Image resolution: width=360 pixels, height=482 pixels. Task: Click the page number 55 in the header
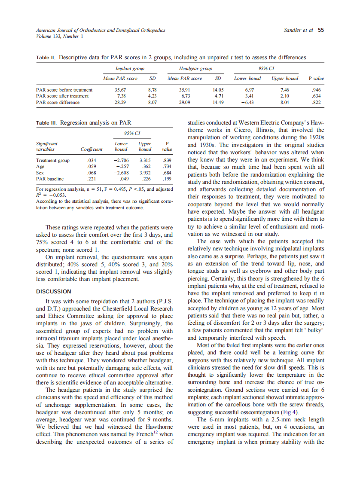[321, 31]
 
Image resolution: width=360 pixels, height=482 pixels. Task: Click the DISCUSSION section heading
[54, 291]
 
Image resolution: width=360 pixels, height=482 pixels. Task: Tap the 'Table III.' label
[47, 123]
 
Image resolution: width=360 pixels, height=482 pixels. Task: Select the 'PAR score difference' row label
[58, 103]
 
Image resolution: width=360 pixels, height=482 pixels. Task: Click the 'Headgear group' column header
[195, 69]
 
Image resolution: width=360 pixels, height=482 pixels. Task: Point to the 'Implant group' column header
[130, 69]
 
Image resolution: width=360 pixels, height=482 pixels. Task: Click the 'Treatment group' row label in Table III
[53, 161]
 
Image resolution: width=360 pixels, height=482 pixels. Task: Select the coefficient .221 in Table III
[92, 178]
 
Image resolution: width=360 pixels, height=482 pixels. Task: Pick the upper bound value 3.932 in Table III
[144, 172]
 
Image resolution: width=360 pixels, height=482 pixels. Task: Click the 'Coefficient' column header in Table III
[92, 149]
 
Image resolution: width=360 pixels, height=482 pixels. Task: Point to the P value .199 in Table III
[167, 178]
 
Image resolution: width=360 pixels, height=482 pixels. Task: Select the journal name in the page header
[101, 31]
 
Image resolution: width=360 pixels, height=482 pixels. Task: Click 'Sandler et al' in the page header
[299, 31]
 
